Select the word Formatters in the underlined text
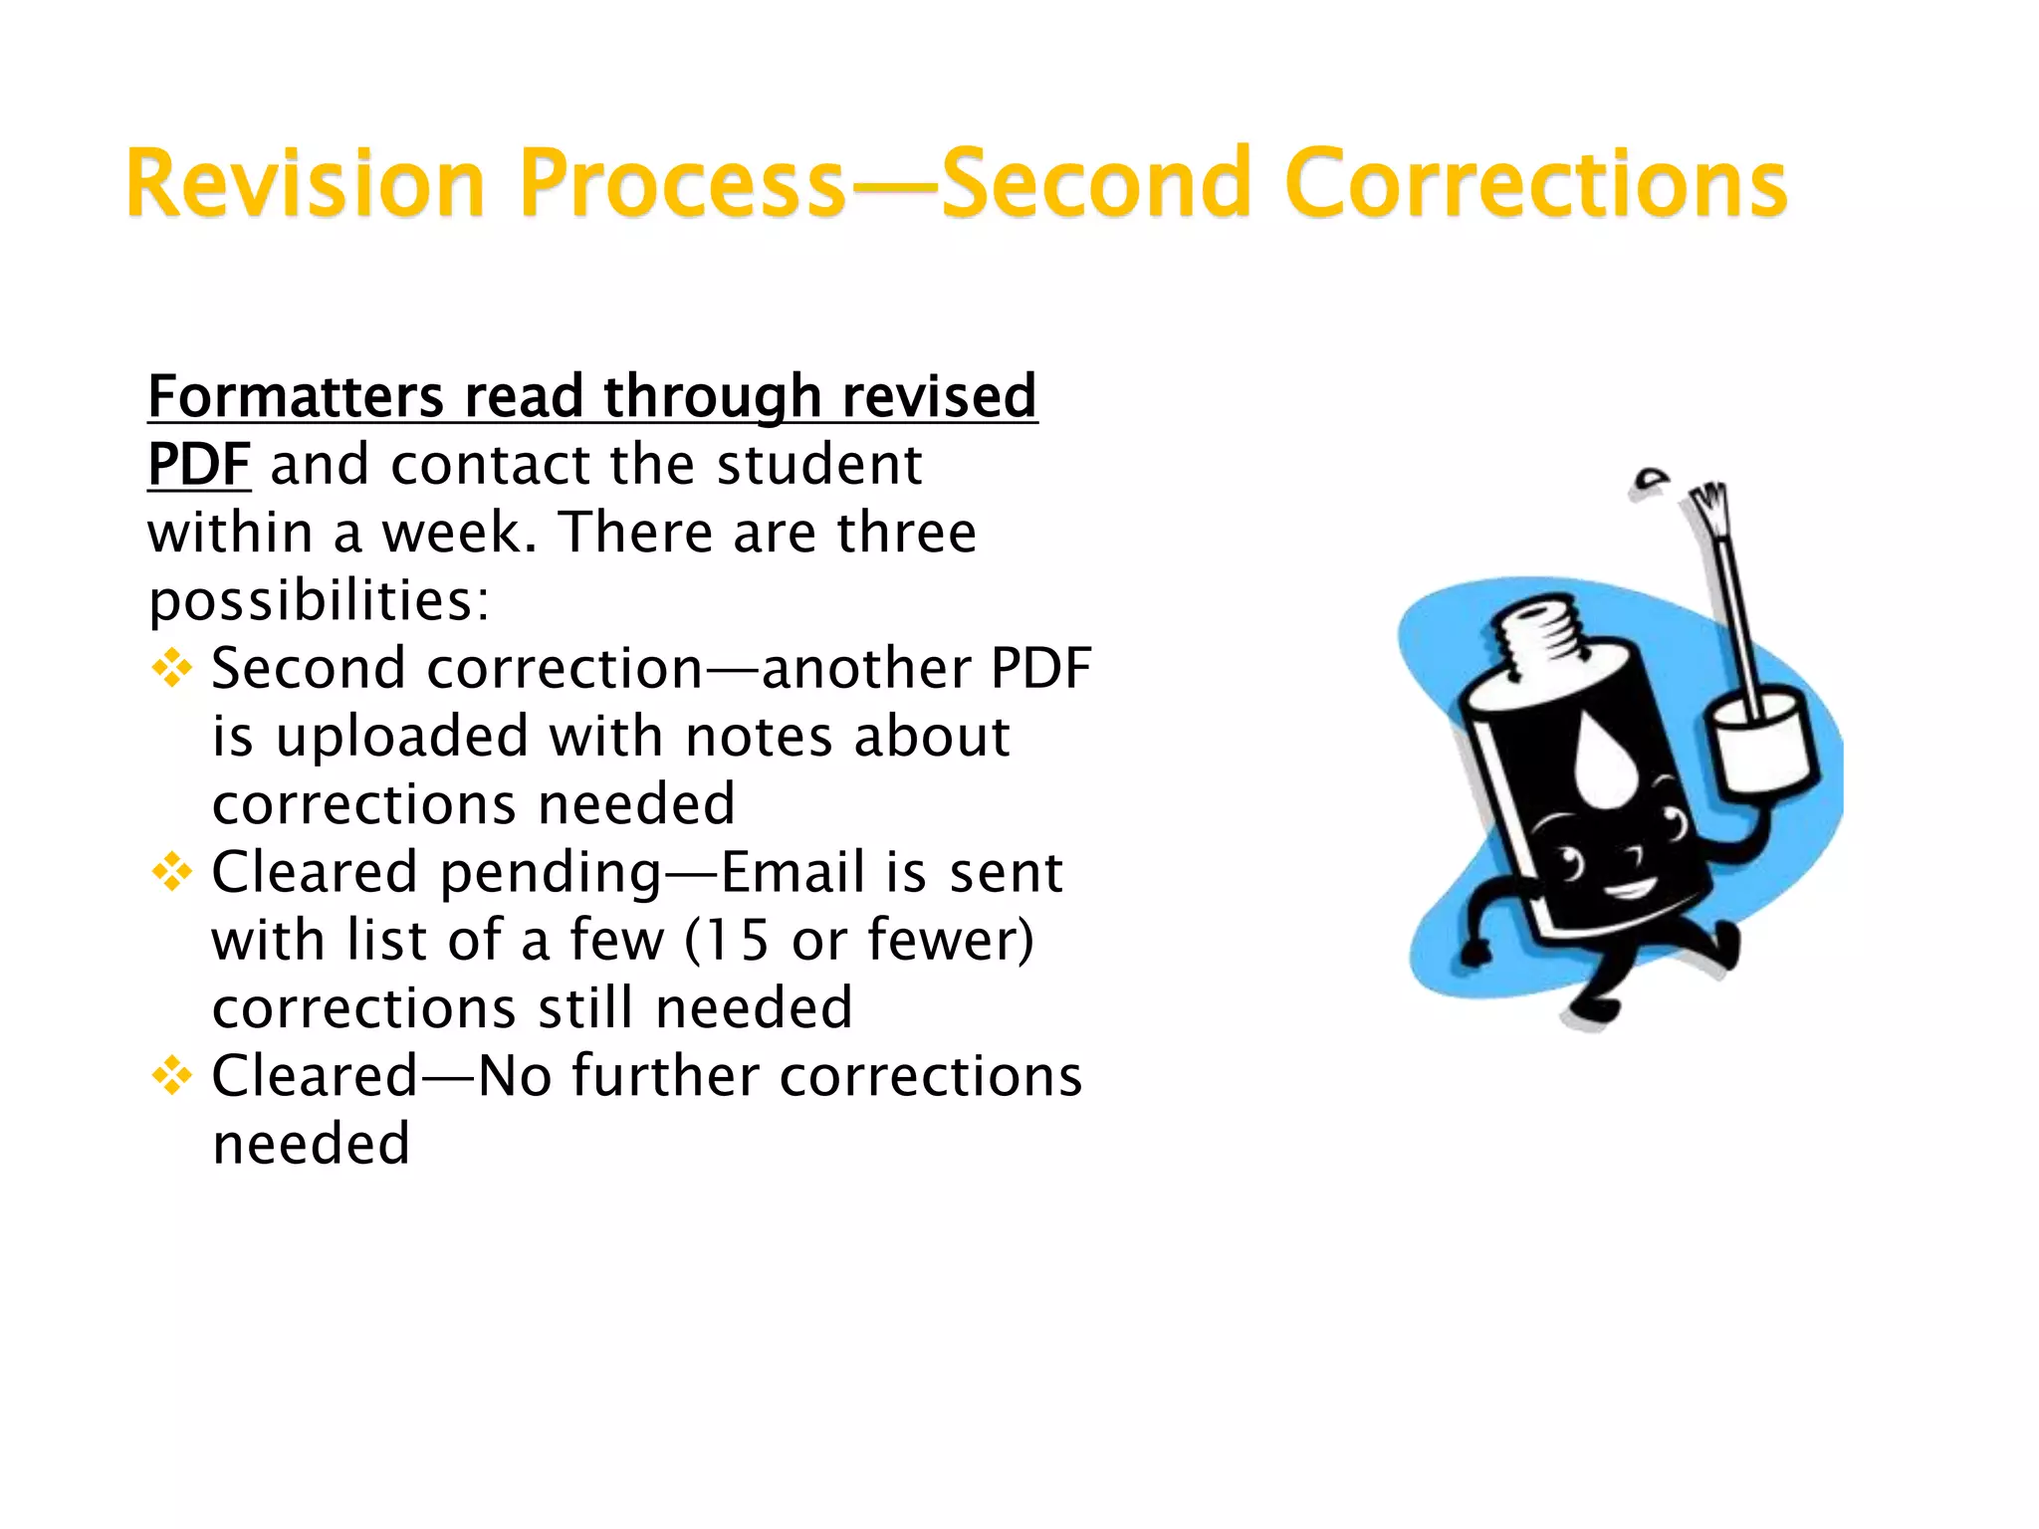click(x=296, y=396)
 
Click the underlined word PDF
click(x=199, y=464)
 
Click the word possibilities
click(x=319, y=600)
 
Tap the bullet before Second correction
click(x=172, y=668)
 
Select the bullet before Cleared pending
click(x=172, y=873)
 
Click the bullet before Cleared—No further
click(x=172, y=1076)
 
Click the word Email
click(x=792, y=873)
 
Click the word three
click(x=906, y=533)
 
